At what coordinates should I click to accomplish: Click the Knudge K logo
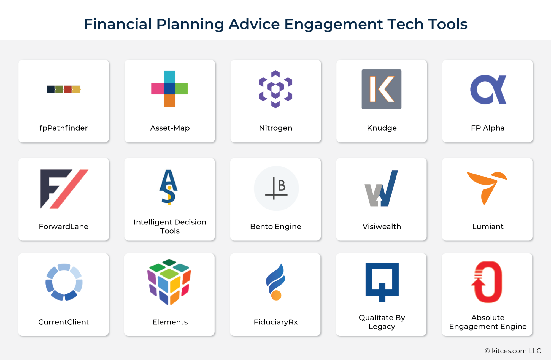tap(381, 89)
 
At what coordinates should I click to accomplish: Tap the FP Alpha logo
tap(488, 90)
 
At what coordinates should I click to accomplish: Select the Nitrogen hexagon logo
tap(275, 89)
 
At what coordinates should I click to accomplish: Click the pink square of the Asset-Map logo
tap(157, 89)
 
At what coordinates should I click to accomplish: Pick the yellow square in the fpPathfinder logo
tap(76, 89)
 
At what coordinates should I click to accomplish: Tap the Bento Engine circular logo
tap(276, 188)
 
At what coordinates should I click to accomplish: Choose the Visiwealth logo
tap(381, 189)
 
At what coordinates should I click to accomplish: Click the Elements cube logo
tap(169, 281)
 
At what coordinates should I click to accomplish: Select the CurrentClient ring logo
tap(64, 282)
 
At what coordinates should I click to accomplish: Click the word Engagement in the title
tap(333, 24)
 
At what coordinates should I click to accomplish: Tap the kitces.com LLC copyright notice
tap(513, 351)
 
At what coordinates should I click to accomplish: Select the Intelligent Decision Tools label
tap(170, 226)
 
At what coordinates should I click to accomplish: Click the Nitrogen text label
tap(275, 128)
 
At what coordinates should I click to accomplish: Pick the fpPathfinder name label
tap(64, 128)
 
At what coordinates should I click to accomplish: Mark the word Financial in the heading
tap(118, 24)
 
